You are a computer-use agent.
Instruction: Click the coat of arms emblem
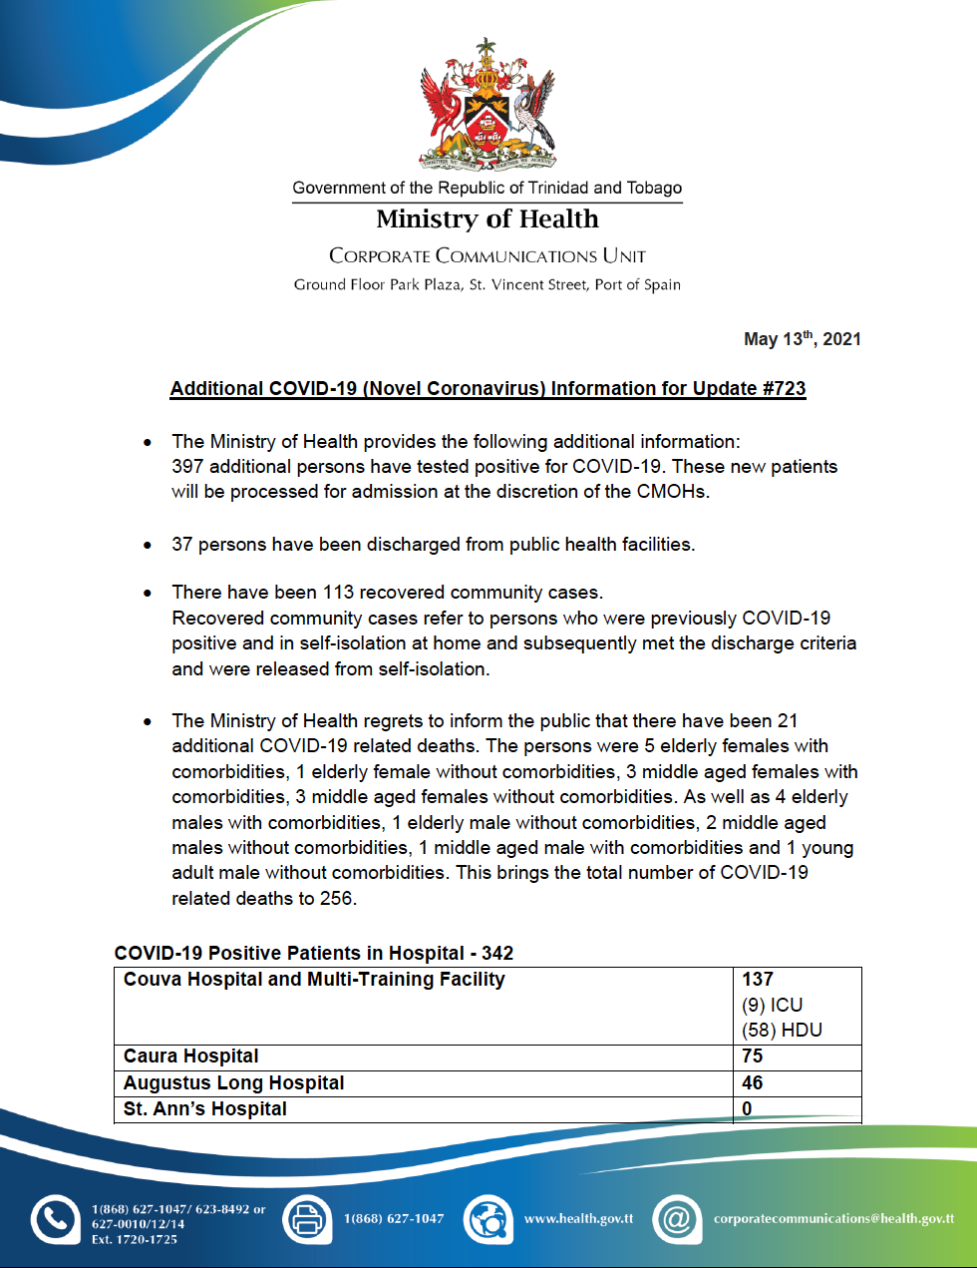(x=488, y=105)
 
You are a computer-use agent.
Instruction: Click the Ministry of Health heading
(x=488, y=218)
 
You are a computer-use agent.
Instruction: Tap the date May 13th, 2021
(x=802, y=339)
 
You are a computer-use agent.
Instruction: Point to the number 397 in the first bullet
(x=187, y=467)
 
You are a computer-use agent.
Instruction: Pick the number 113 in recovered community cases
(x=338, y=593)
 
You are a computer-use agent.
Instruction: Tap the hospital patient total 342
(x=497, y=953)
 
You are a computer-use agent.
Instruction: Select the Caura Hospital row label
(x=191, y=1057)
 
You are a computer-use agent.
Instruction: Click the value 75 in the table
(x=753, y=1057)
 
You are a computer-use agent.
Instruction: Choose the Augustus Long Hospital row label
(x=234, y=1083)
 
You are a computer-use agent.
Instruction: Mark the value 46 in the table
(x=753, y=1083)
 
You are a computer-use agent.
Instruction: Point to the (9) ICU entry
(x=773, y=1006)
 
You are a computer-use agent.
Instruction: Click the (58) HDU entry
(x=782, y=1031)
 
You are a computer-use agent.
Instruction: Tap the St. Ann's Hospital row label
(x=205, y=1109)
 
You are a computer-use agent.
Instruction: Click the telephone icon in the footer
(x=55, y=1219)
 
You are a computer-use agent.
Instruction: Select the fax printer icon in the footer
(x=307, y=1219)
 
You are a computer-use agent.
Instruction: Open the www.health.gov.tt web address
(x=578, y=1219)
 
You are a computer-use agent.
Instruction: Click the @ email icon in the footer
(x=677, y=1219)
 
